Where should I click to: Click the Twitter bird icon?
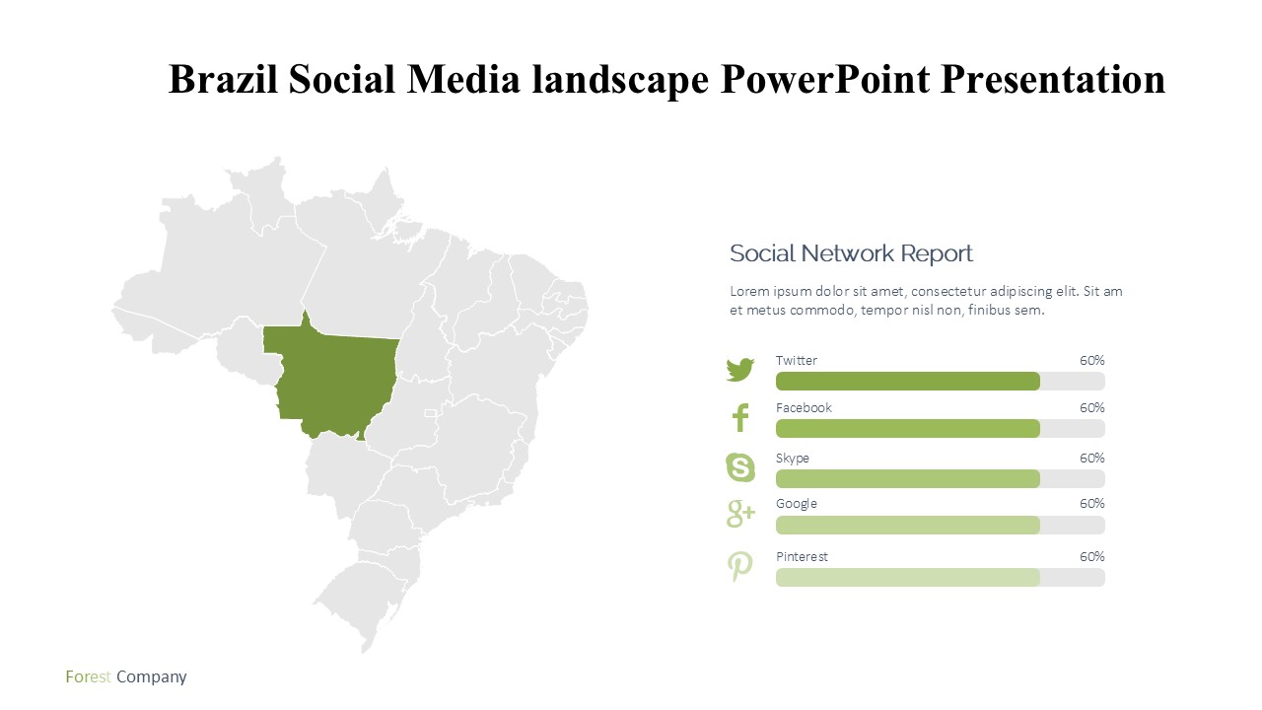coord(739,370)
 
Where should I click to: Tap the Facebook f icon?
coord(740,417)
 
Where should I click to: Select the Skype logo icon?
coord(740,467)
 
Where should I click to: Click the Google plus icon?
coord(740,514)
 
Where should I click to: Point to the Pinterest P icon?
coord(739,566)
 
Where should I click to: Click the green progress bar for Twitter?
coord(908,382)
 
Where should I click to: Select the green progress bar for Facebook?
coord(908,429)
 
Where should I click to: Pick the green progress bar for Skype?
coord(908,479)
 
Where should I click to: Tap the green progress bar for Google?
coord(908,526)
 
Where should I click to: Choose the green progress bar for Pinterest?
coord(908,578)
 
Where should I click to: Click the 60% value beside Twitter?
coord(1091,361)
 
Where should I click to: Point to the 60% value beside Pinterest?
coord(1091,557)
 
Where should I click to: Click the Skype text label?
coord(792,459)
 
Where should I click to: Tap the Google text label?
coord(796,504)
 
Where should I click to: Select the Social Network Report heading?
coord(851,253)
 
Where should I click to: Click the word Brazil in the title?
coord(223,79)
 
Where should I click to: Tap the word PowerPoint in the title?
coord(825,79)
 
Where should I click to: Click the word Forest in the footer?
coord(88,676)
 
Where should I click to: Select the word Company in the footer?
coord(152,677)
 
